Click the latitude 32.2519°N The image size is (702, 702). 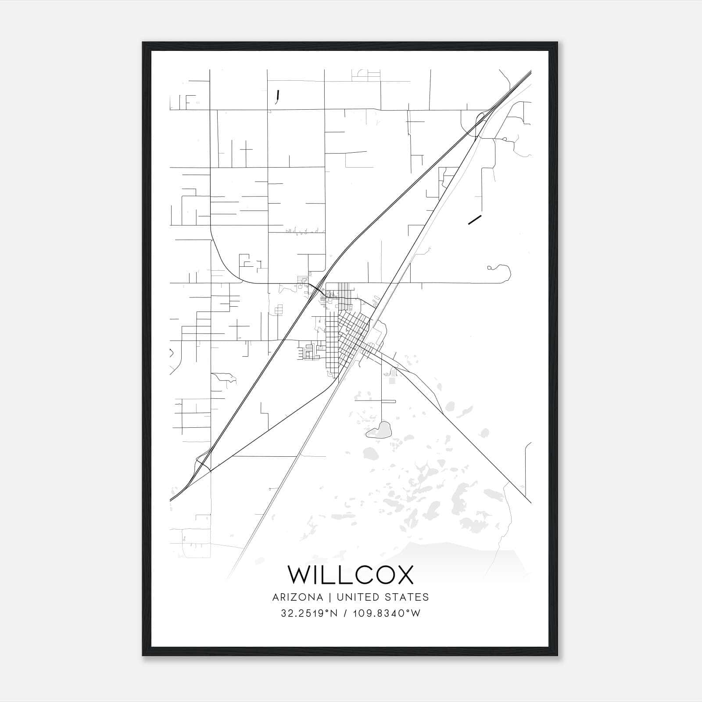pos(309,613)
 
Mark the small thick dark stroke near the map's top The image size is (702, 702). pos(277,96)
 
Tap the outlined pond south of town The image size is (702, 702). pos(380,430)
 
